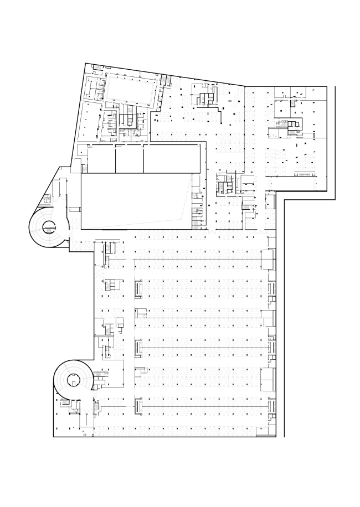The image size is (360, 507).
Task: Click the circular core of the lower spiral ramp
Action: tap(73, 380)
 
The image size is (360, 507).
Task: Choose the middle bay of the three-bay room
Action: tap(130, 160)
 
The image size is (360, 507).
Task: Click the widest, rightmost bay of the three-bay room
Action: tap(172, 160)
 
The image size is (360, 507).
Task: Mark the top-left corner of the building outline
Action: tap(85, 63)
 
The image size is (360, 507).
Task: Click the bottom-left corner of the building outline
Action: tap(54, 437)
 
